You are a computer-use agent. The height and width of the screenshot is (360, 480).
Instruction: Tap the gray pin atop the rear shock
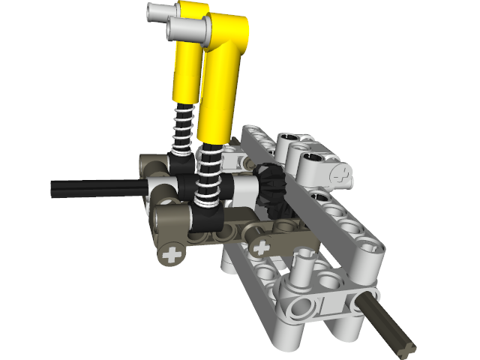coord(161,10)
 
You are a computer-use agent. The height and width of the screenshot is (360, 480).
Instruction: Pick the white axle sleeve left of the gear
coord(243,190)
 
